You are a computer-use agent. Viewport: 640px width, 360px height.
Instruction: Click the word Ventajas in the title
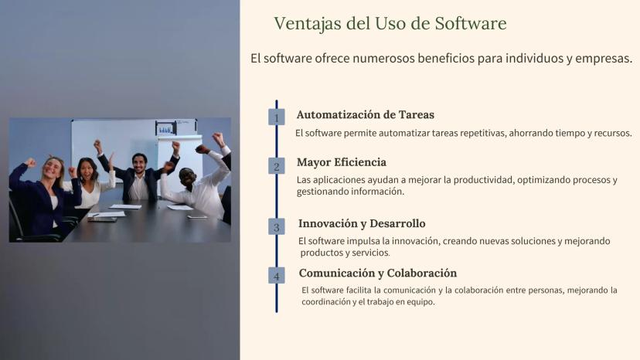308,24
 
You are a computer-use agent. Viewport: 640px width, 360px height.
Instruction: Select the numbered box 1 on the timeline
276,117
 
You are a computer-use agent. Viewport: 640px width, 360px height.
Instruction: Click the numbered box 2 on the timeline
276,166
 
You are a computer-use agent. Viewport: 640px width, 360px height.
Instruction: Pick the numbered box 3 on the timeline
276,226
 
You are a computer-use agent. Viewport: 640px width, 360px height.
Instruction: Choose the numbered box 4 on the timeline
276,276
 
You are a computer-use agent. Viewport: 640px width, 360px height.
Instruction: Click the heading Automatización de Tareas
366,114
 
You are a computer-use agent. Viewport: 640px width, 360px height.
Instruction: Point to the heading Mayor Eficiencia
342,162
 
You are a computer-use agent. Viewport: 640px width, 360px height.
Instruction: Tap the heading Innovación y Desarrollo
362,224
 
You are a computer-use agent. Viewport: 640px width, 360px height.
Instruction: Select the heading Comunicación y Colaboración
378,273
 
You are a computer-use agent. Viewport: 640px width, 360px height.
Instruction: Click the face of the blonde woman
53,168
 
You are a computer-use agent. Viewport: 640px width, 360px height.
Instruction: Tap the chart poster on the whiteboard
165,128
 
